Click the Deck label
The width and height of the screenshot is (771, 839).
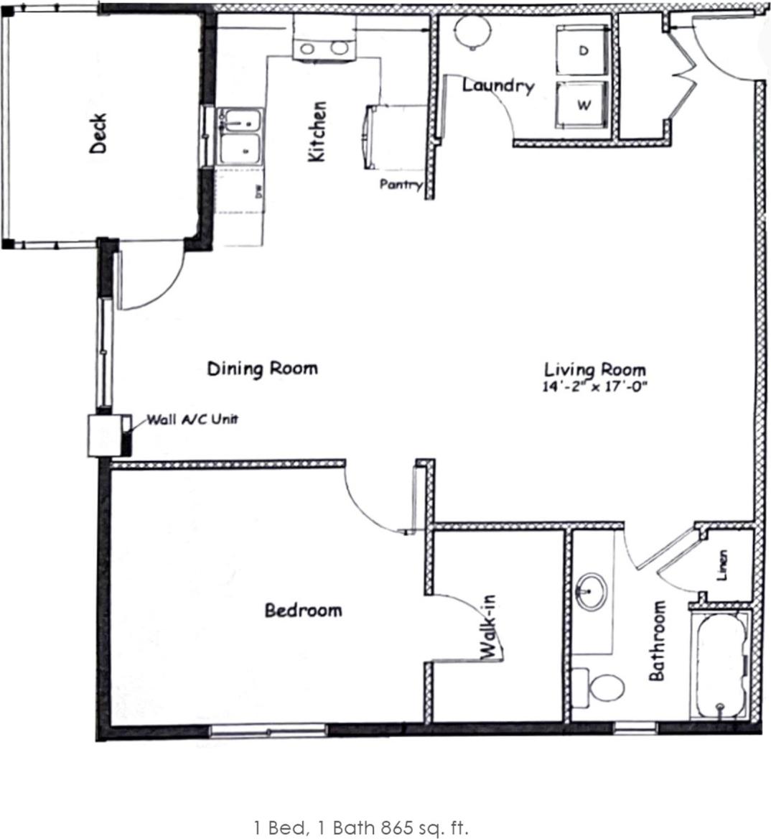click(98, 134)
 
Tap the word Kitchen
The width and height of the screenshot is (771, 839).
click(317, 131)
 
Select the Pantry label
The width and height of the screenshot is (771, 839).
click(401, 185)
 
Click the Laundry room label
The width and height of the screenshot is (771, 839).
click(498, 85)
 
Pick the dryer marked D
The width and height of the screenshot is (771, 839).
click(583, 51)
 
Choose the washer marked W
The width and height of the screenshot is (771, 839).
click(583, 105)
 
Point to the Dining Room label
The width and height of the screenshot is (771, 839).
click(262, 368)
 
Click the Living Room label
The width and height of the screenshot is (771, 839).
click(594, 370)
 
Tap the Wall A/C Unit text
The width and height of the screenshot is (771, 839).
click(192, 419)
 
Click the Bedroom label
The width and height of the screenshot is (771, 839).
click(303, 611)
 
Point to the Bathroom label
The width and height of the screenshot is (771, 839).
click(656, 641)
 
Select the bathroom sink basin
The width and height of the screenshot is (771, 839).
click(592, 590)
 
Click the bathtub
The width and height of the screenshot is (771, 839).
click(720, 664)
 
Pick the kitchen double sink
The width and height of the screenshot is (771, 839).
click(240, 136)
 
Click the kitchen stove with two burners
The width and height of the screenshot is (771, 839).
click(324, 47)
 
